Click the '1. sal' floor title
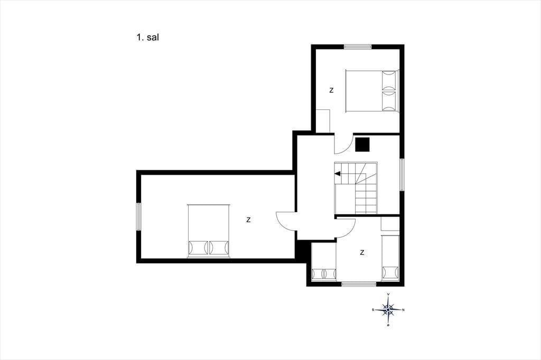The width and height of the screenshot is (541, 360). coord(147,37)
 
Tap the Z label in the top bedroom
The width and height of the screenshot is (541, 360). coord(332,90)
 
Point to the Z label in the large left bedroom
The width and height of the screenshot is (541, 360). coord(248,220)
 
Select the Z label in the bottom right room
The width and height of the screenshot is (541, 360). coord(362,252)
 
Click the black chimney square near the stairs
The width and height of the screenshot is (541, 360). coord(362,145)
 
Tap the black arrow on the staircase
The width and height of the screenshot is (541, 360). coord(338,174)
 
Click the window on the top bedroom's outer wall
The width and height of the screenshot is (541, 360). coord(358,46)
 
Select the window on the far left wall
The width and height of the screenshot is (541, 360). coord(139,216)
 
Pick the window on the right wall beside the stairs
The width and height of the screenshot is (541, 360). coord(402,175)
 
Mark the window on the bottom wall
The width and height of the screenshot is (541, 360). coord(359,284)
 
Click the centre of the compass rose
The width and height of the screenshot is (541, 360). coord(388,310)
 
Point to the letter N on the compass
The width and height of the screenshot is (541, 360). coord(404,310)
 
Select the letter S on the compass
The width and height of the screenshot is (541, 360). coord(373,310)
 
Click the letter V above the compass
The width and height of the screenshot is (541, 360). coord(388,294)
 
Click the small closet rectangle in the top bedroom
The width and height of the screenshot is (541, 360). coord(323,121)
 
